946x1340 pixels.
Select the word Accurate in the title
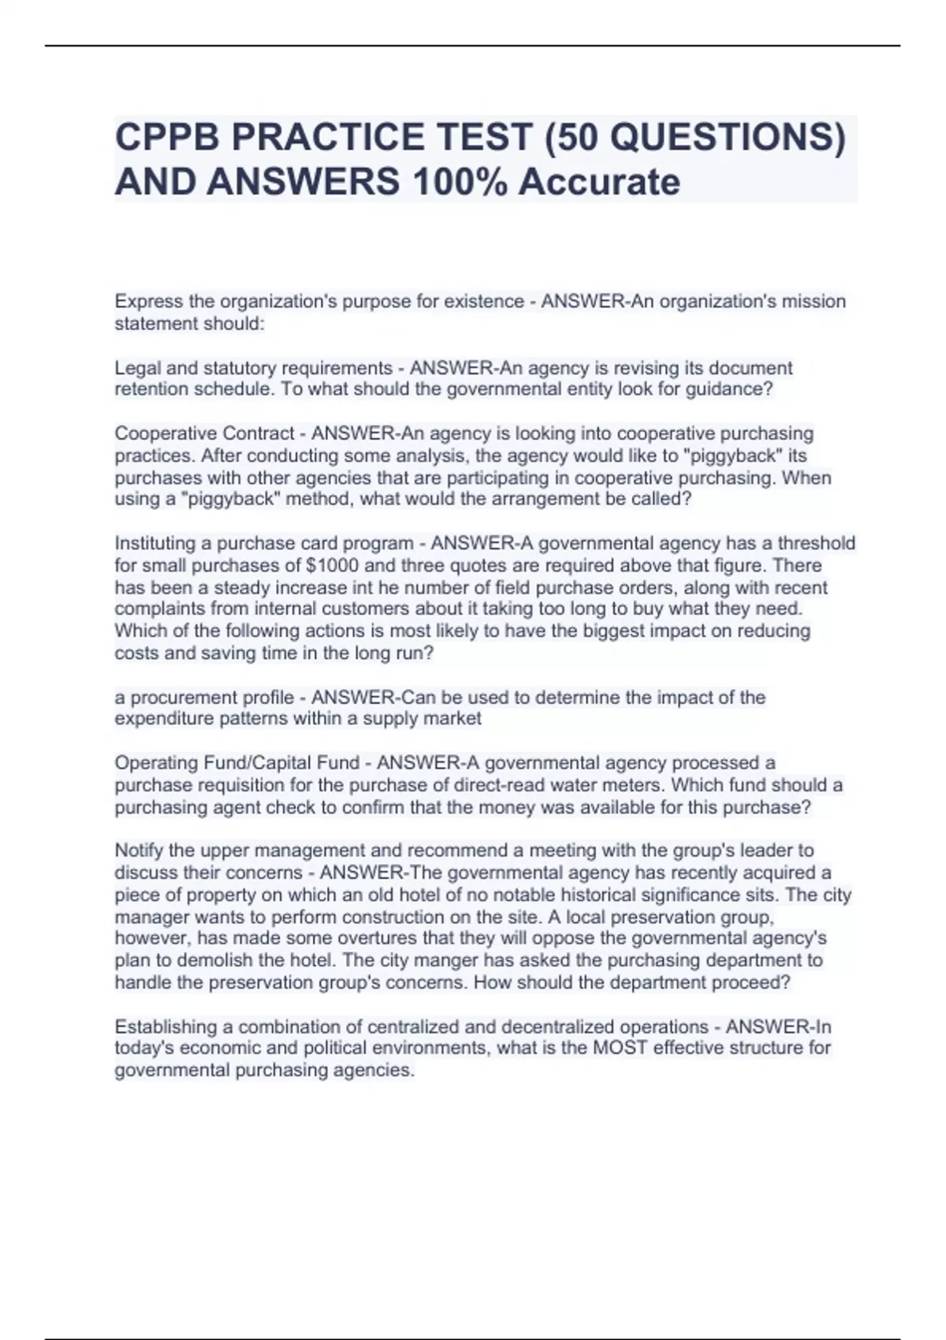point(599,182)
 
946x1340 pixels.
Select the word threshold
point(817,543)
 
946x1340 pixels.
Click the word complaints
point(160,609)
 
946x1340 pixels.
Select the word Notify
point(139,851)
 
